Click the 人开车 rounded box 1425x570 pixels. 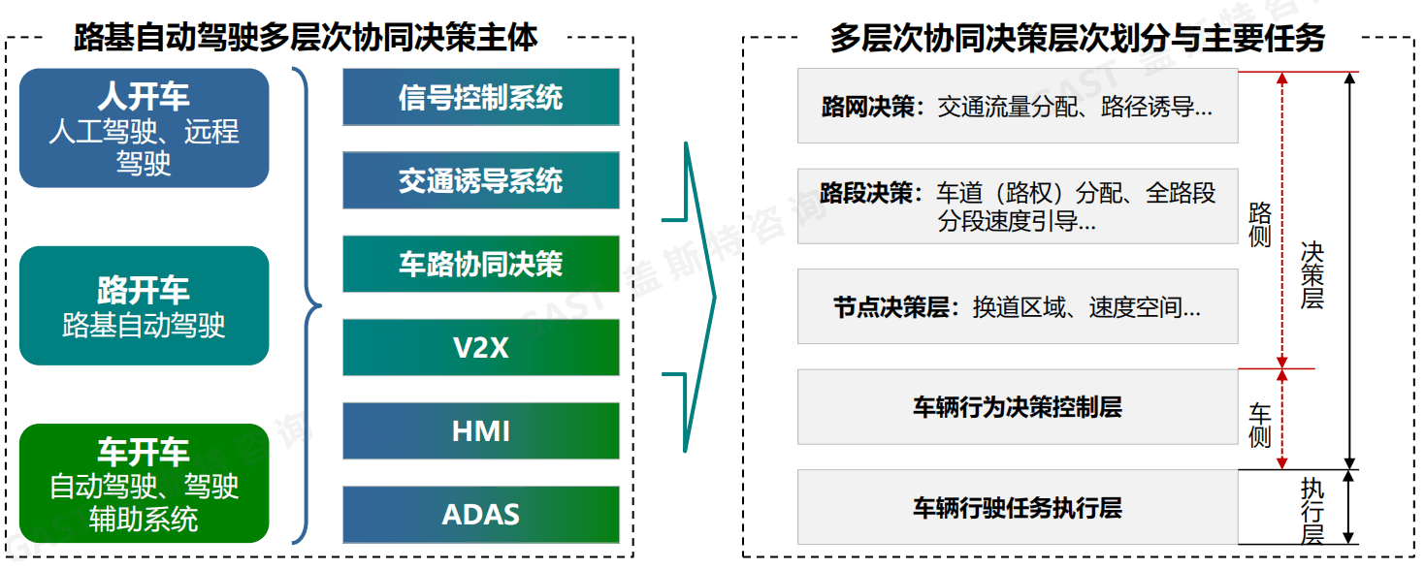click(x=144, y=127)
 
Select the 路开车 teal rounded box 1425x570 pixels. click(x=144, y=305)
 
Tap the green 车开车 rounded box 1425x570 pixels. click(x=144, y=483)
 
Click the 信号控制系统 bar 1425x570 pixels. click(x=480, y=97)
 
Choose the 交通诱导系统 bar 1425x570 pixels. click(x=480, y=180)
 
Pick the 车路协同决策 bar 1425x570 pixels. click(x=480, y=264)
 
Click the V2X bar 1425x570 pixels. click(x=480, y=347)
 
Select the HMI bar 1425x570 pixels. click(x=480, y=430)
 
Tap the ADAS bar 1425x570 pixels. click(x=480, y=514)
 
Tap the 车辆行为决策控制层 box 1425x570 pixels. click(x=1017, y=406)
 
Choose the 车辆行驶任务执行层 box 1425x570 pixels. click(x=1017, y=507)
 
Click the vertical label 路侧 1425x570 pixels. click(x=1259, y=224)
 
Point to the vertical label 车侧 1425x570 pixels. click(x=1259, y=426)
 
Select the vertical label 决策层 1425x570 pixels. click(x=1312, y=274)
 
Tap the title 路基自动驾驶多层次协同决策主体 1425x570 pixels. click(x=306, y=38)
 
